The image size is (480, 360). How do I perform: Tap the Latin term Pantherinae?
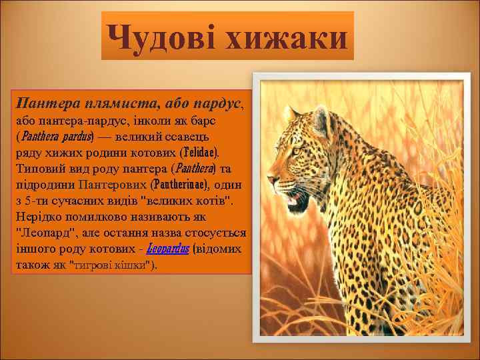point(179,185)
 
